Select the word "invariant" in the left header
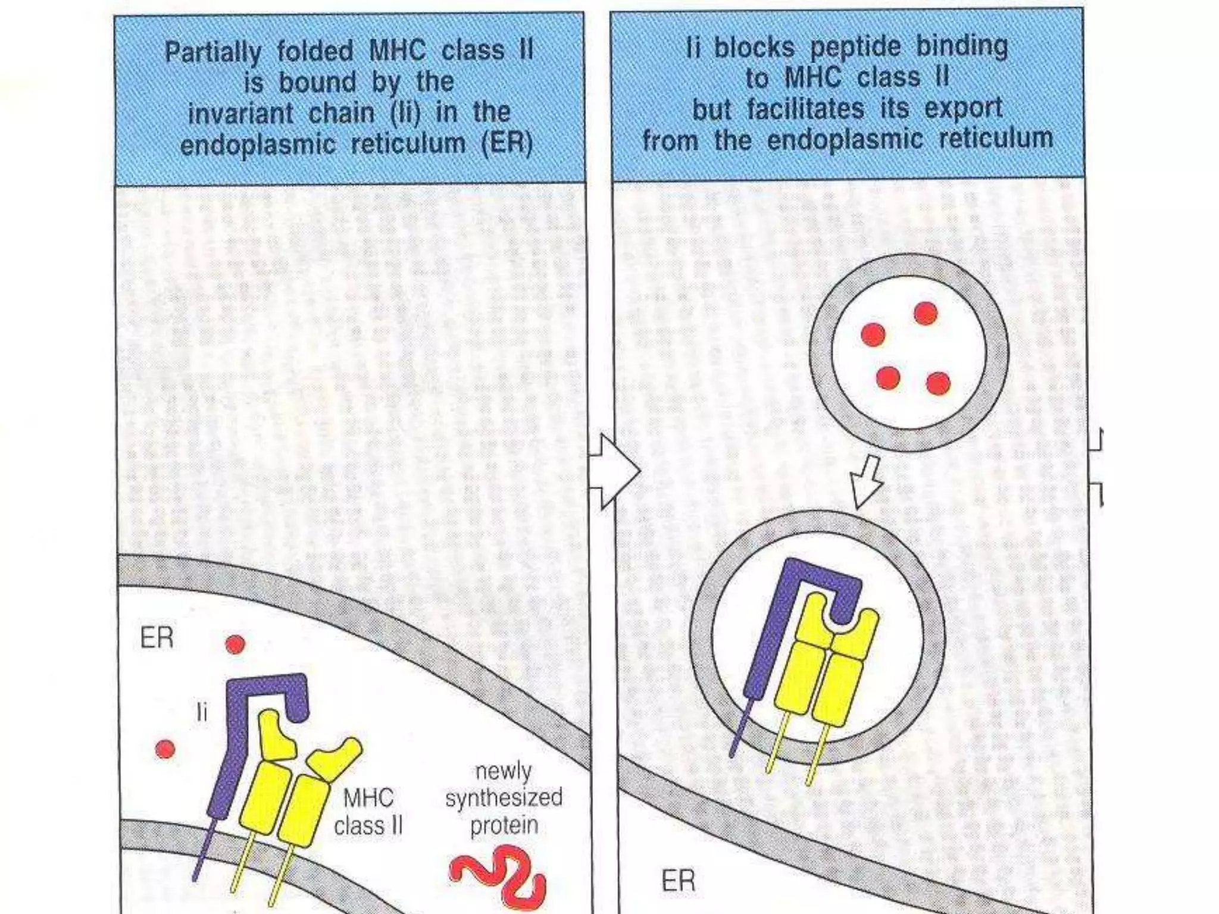click(x=240, y=114)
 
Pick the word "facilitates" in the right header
click(x=805, y=109)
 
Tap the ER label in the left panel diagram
click(x=157, y=638)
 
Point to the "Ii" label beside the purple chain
click(x=202, y=711)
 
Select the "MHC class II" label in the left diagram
click(x=368, y=812)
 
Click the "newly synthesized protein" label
click(x=504, y=798)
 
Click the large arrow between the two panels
click(x=614, y=472)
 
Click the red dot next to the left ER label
click(x=235, y=644)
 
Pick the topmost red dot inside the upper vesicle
click(x=926, y=313)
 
